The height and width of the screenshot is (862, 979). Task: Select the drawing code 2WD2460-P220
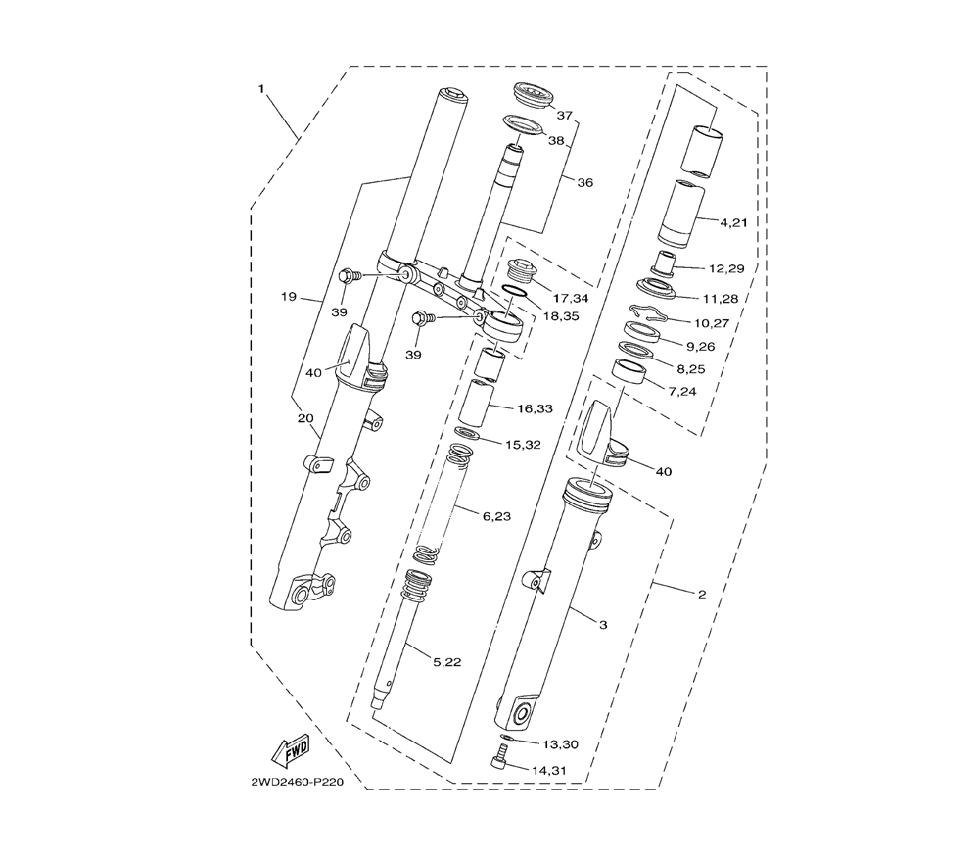click(298, 782)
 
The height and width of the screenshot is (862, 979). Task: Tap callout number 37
click(565, 115)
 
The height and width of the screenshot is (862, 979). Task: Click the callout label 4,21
click(733, 222)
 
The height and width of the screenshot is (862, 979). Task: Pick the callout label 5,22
click(447, 662)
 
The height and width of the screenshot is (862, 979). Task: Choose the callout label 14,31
click(549, 771)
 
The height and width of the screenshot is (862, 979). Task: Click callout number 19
click(289, 297)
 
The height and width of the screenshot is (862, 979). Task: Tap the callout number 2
click(702, 594)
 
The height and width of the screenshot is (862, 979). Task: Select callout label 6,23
click(497, 516)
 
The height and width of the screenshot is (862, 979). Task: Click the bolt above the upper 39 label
click(350, 275)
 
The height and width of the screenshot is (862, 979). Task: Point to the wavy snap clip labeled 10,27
click(649, 314)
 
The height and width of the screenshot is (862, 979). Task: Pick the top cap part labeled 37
click(535, 96)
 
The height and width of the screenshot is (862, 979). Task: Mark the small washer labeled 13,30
click(507, 738)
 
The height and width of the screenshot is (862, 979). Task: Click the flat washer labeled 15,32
click(469, 432)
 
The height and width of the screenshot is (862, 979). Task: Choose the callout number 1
click(261, 89)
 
